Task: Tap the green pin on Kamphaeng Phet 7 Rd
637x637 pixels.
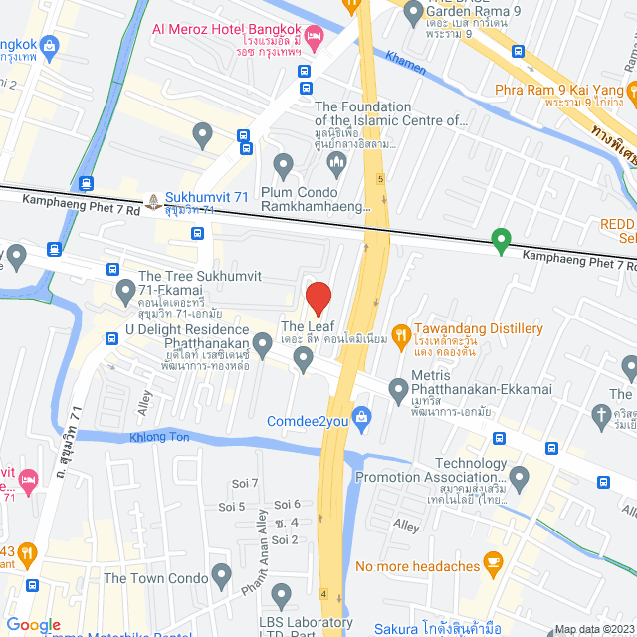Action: point(502,240)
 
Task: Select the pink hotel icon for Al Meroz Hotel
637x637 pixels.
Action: point(316,37)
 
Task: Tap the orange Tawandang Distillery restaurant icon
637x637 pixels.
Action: point(401,330)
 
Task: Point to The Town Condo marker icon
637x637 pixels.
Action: point(221,574)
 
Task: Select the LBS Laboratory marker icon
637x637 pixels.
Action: point(282,596)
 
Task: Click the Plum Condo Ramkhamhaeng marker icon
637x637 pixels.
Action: point(283,164)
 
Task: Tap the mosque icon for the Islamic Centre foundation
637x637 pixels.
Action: point(335,161)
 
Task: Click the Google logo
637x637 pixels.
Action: point(34,624)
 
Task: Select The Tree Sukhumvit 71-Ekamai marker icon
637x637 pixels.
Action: point(125,292)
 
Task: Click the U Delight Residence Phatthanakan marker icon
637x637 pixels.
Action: point(263,345)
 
